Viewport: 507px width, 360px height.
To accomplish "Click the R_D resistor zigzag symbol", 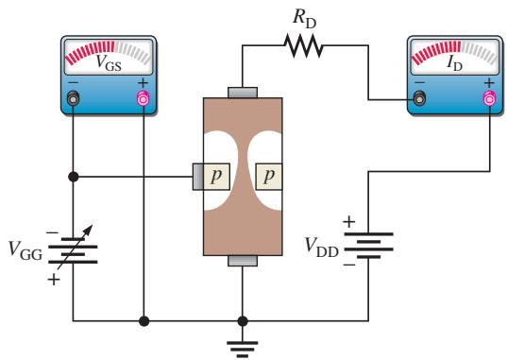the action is (303, 45).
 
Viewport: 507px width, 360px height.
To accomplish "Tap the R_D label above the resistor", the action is (304, 19).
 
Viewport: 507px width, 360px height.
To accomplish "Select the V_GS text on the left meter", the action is (109, 62).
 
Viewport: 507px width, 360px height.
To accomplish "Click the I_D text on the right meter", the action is (454, 62).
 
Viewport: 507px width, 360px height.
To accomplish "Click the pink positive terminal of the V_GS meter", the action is (143, 99).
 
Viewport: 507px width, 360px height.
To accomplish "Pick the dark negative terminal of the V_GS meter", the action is (73, 99).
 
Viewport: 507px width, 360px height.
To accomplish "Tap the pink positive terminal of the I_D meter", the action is (489, 98).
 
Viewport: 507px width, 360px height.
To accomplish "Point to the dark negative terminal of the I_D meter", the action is (419, 98).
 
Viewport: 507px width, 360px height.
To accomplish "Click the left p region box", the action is (216, 177).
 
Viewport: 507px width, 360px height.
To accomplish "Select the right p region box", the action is (269, 177).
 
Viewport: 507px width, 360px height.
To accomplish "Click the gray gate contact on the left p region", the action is (198, 177).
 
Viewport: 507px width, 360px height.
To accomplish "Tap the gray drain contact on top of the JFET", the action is (243, 93).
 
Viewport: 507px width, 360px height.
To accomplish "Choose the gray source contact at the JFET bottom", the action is (243, 261).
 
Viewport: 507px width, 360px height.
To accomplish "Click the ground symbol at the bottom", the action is (243, 349).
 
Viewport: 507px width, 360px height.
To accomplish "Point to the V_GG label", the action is (25, 250).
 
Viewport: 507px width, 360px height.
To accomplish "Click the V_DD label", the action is (321, 247).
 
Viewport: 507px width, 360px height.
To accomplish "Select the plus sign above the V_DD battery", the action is (349, 222).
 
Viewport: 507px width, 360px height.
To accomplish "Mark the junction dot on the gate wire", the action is (74, 177).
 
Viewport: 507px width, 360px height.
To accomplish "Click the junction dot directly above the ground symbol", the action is (243, 321).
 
